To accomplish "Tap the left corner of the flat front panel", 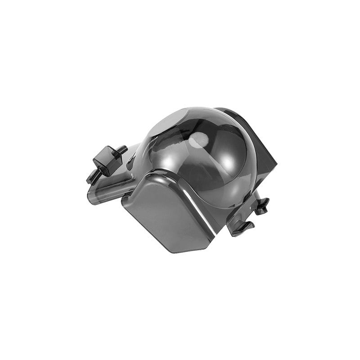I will [x=123, y=202].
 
